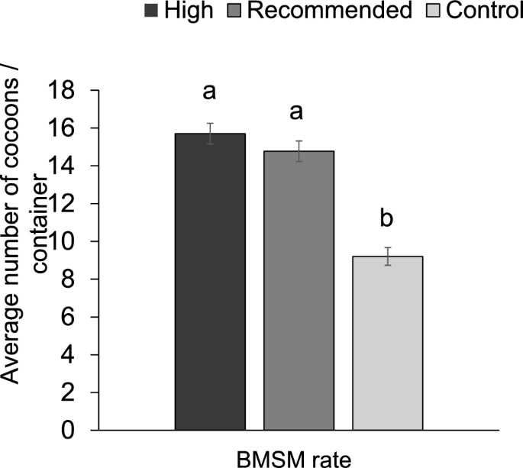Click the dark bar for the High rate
point(210,282)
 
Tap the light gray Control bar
point(387,344)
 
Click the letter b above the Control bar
point(387,219)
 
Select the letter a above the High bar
point(210,92)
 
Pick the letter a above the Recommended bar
point(299,112)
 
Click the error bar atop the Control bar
point(387,256)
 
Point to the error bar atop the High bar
point(210,134)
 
